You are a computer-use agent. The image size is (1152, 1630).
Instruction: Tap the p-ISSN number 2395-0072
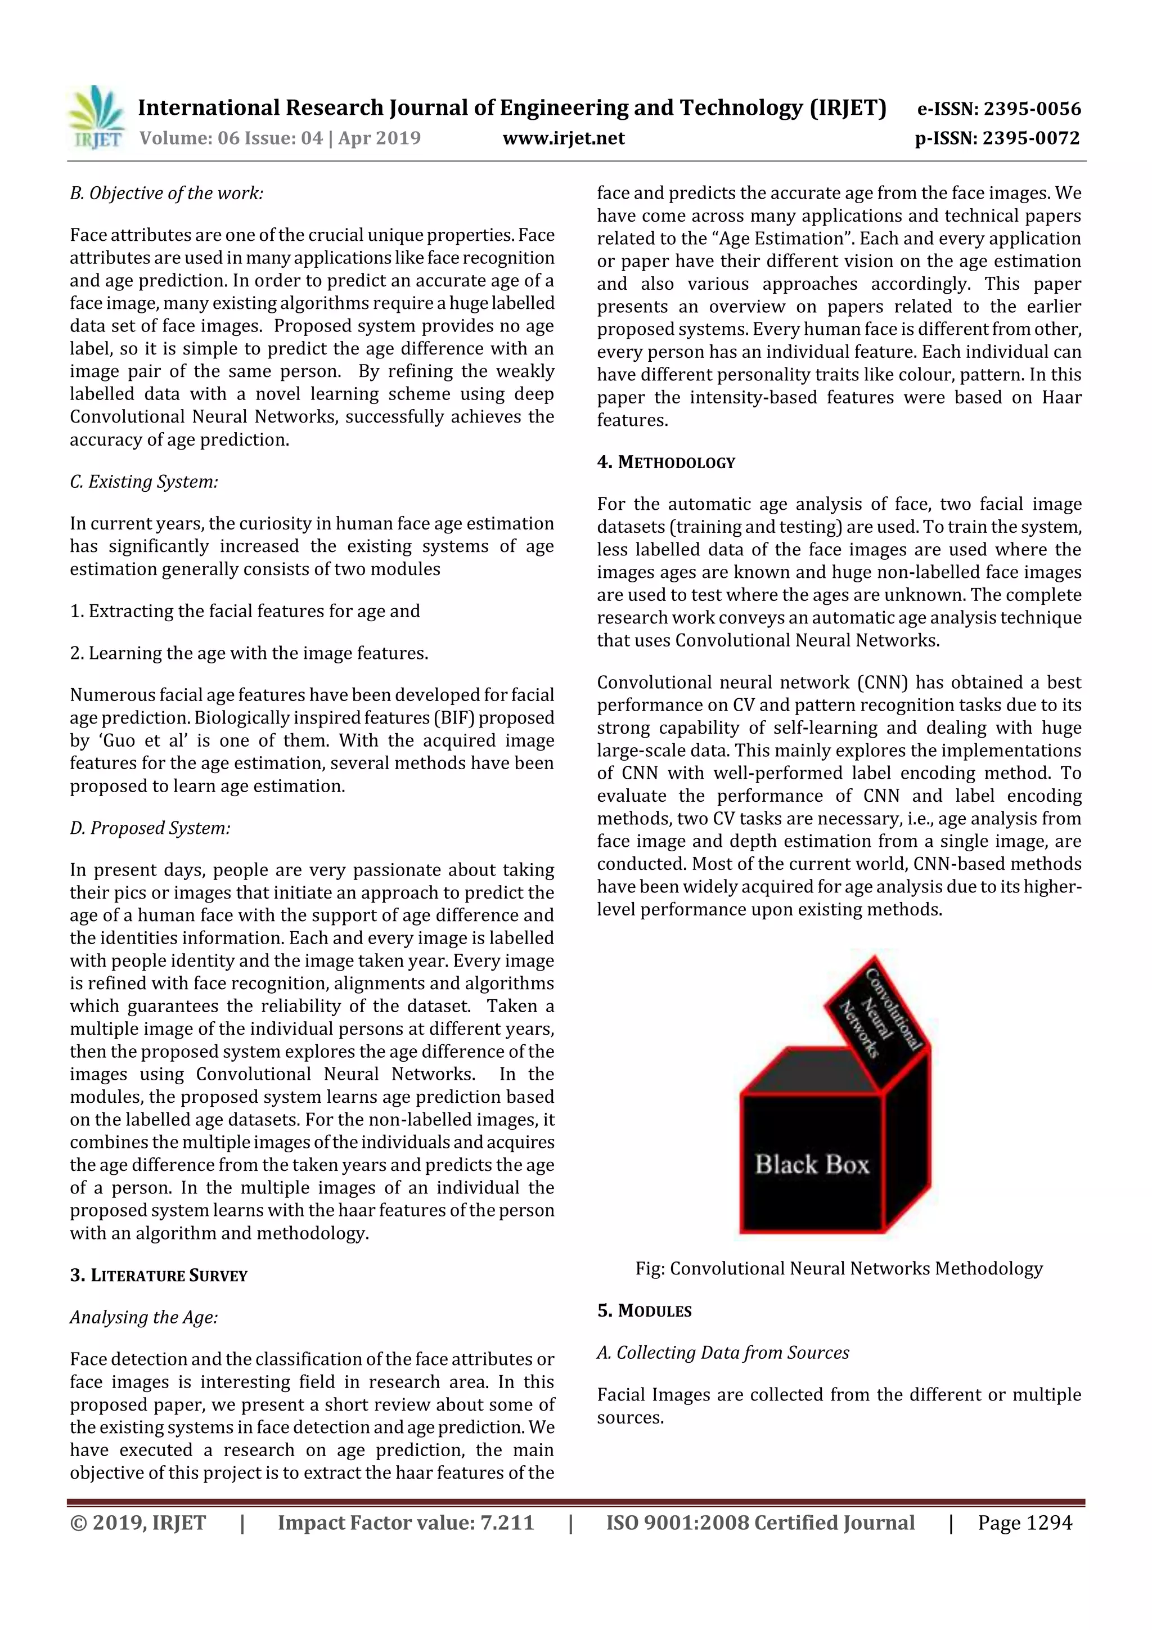pyautogui.click(x=1030, y=138)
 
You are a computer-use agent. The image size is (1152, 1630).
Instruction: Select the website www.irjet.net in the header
pyautogui.click(x=564, y=138)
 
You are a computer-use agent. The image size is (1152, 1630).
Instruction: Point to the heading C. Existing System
pyautogui.click(x=144, y=481)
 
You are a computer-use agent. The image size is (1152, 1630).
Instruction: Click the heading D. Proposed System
pyautogui.click(x=150, y=828)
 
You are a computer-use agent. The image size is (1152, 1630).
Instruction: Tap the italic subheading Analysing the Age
pyautogui.click(x=144, y=1318)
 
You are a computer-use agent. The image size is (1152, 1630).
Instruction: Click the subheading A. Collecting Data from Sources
pyautogui.click(x=723, y=1353)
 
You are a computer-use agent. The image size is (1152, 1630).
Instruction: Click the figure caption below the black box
pyautogui.click(x=839, y=1269)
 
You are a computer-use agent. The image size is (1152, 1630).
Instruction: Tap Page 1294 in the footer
pyautogui.click(x=1024, y=1523)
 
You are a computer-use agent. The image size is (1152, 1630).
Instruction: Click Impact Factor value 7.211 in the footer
pyautogui.click(x=406, y=1523)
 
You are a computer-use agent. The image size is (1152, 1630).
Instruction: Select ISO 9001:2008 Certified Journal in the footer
pyautogui.click(x=760, y=1523)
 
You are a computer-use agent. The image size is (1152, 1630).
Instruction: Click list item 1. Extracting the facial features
pyautogui.click(x=245, y=611)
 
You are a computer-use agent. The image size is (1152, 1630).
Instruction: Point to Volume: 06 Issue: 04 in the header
pyautogui.click(x=231, y=138)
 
